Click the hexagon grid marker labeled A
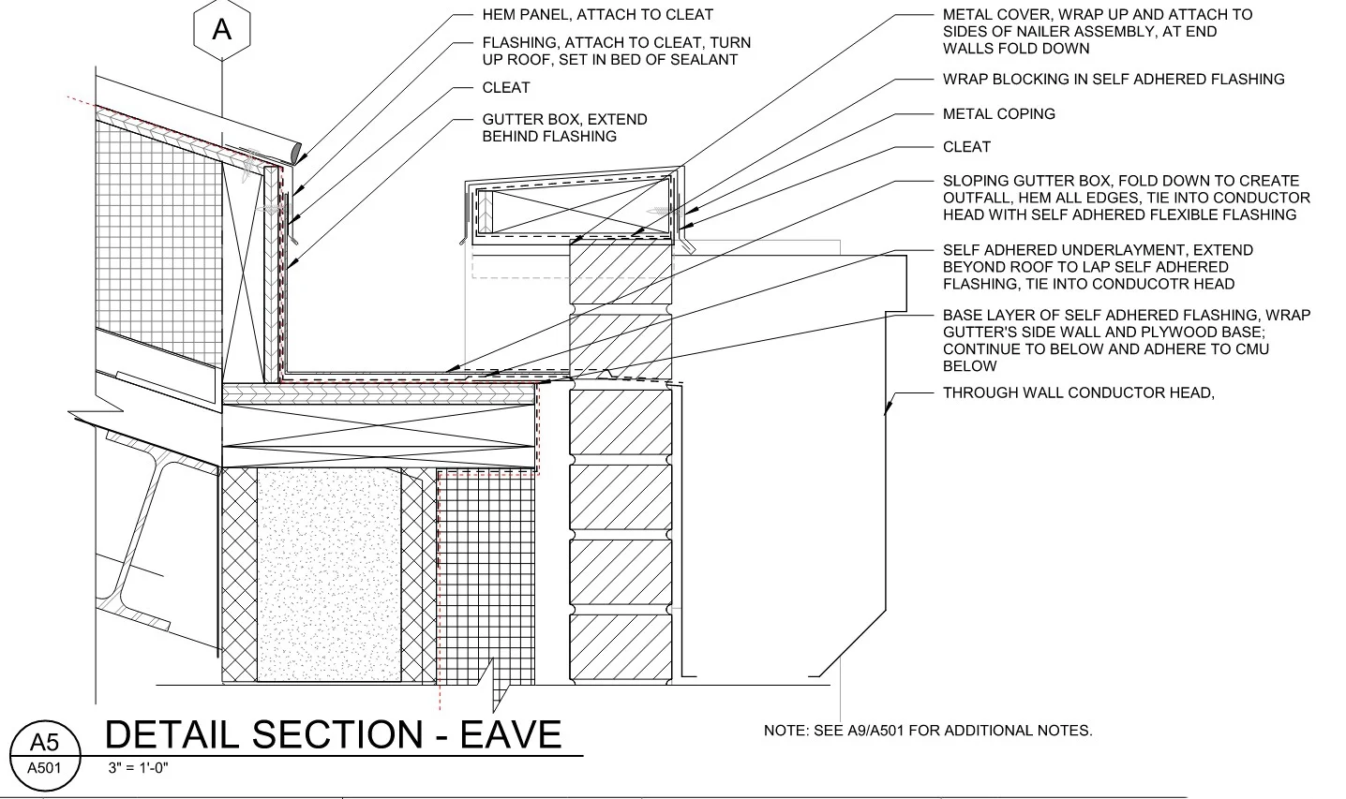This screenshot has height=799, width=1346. click(221, 30)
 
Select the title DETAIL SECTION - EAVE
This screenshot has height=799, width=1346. click(333, 734)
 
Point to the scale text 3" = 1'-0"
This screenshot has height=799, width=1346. click(138, 769)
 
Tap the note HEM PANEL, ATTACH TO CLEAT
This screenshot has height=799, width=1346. click(597, 15)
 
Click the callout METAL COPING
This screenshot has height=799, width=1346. click(998, 114)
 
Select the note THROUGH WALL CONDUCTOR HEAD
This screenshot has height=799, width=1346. click(1078, 393)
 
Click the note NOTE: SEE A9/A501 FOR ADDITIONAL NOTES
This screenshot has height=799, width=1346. click(928, 731)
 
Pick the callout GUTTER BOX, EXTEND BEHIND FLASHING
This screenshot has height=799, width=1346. click(564, 128)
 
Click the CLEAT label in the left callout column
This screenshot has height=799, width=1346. click(506, 88)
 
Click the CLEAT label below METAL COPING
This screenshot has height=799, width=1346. click(966, 147)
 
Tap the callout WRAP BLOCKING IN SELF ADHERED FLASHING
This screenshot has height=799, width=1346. click(1114, 80)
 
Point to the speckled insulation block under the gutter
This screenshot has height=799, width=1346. click(328, 573)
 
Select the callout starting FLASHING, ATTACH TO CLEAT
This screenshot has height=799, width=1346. click(616, 52)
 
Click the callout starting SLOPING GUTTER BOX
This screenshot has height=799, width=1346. click(1126, 198)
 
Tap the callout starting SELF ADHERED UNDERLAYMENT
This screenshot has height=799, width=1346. click(1098, 267)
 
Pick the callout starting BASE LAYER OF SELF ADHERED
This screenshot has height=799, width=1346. click(1126, 341)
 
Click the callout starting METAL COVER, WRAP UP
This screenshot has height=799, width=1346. click(1097, 32)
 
